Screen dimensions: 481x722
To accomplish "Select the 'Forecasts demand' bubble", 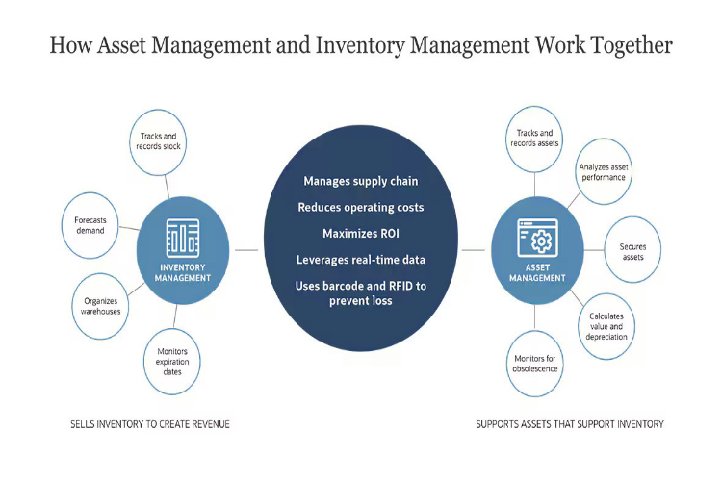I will tap(90, 225).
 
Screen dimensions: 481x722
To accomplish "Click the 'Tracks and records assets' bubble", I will tap(532, 139).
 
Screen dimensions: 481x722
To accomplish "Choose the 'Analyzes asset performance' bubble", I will tap(603, 172).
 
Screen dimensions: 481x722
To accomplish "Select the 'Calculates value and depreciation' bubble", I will tap(606, 326).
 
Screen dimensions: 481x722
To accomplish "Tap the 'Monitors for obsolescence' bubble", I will tap(536, 364).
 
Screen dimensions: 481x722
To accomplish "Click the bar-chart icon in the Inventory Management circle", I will tap(182, 236).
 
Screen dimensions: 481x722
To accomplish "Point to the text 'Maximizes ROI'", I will tap(361, 233).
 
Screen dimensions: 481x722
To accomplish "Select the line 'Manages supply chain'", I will tap(361, 181).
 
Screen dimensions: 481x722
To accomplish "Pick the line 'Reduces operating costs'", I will tap(361, 207).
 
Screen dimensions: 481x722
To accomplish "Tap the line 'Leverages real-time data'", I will tap(361, 259).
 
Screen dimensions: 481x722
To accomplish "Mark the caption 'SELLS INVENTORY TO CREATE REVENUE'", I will tap(149, 424).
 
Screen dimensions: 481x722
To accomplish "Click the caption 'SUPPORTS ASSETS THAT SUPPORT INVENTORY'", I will tap(570, 424).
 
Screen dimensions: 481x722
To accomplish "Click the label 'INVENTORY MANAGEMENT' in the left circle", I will tap(183, 272).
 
